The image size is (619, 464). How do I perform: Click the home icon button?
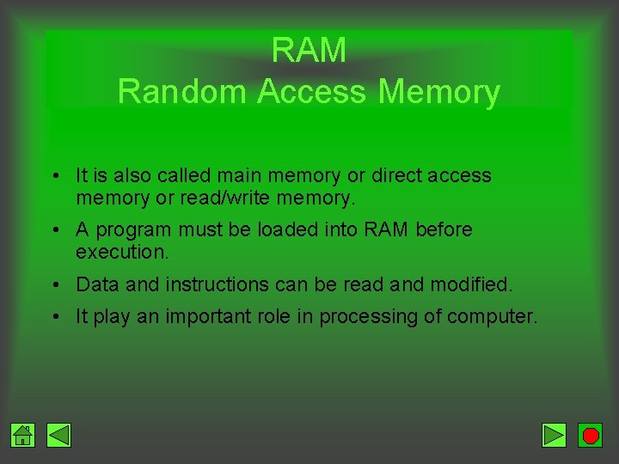pos(23,436)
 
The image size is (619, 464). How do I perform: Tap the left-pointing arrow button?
pos(59,436)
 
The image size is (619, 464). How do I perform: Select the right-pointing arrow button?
pos(555,436)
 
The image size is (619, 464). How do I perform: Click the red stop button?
pos(591,436)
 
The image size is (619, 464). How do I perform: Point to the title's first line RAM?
pos(309,51)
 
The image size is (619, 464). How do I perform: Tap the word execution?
pos(121,253)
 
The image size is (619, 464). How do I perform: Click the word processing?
pos(368,317)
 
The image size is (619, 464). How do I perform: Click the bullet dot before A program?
pos(54,230)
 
